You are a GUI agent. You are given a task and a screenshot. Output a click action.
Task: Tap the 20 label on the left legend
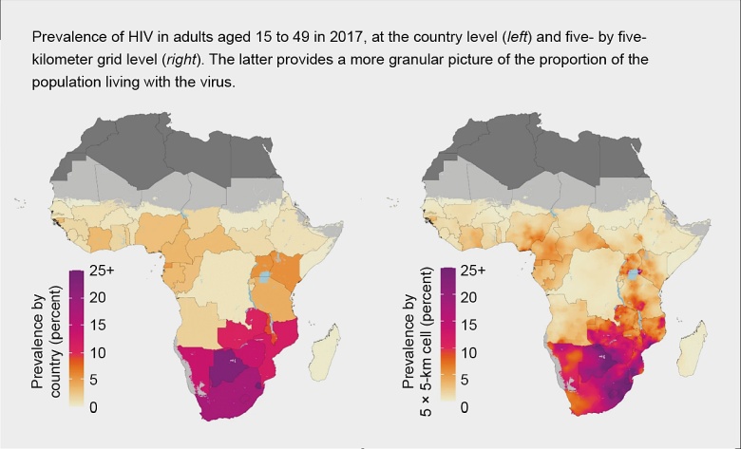pyautogui.click(x=98, y=297)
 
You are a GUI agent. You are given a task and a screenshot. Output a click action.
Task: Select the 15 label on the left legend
pyautogui.click(x=98, y=325)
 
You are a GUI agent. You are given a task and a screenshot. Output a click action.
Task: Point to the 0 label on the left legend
pyautogui.click(x=94, y=407)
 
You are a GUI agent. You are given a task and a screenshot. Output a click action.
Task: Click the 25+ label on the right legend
pyautogui.click(x=472, y=271)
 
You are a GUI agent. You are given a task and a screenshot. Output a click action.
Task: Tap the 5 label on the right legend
pyautogui.click(x=464, y=380)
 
